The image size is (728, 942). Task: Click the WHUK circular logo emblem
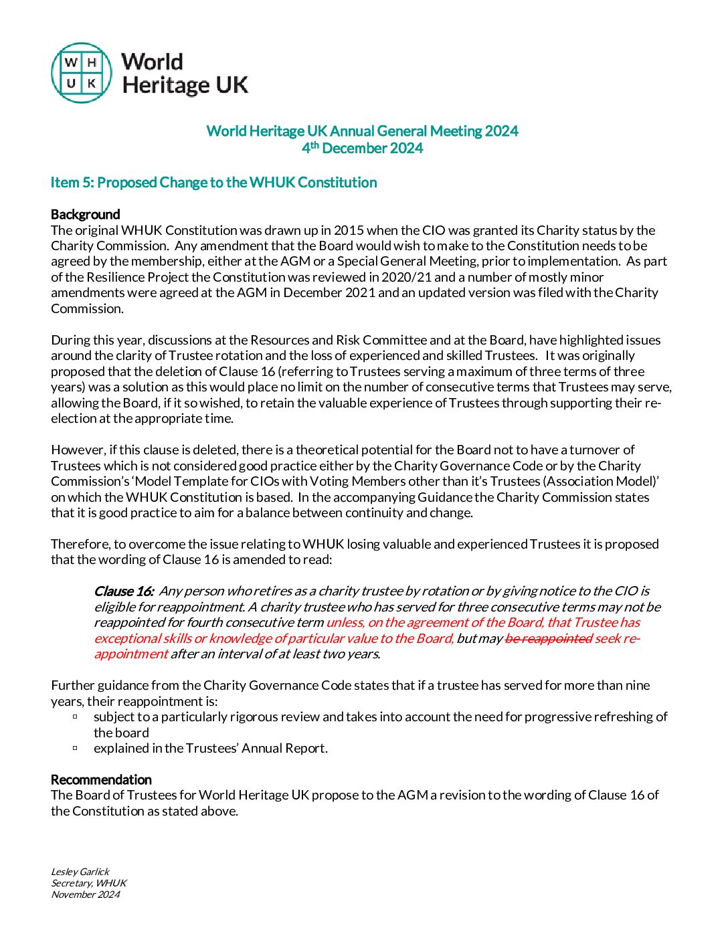click(82, 73)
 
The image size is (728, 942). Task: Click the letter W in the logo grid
click(71, 63)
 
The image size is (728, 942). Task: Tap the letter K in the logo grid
click(92, 84)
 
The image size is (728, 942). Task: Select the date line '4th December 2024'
click(362, 148)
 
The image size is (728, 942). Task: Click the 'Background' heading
click(86, 214)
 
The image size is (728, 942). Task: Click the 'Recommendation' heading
click(101, 779)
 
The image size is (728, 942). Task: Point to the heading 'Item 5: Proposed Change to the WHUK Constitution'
click(213, 183)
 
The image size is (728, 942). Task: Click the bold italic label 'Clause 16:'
click(124, 591)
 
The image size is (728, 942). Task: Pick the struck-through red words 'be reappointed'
click(548, 638)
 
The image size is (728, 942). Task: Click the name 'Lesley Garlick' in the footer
click(80, 872)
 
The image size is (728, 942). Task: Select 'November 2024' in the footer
click(86, 894)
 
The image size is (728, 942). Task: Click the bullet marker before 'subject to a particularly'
click(75, 717)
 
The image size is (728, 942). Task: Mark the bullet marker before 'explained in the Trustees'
click(75, 748)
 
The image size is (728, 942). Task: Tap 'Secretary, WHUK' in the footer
click(89, 883)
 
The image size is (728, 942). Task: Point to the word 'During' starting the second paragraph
click(71, 340)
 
